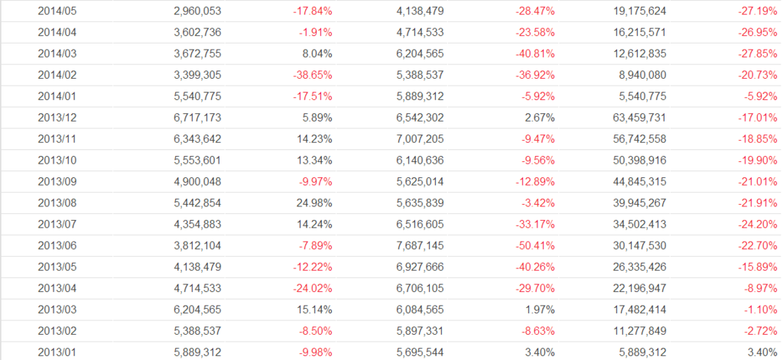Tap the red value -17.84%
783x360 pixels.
[313, 11]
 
